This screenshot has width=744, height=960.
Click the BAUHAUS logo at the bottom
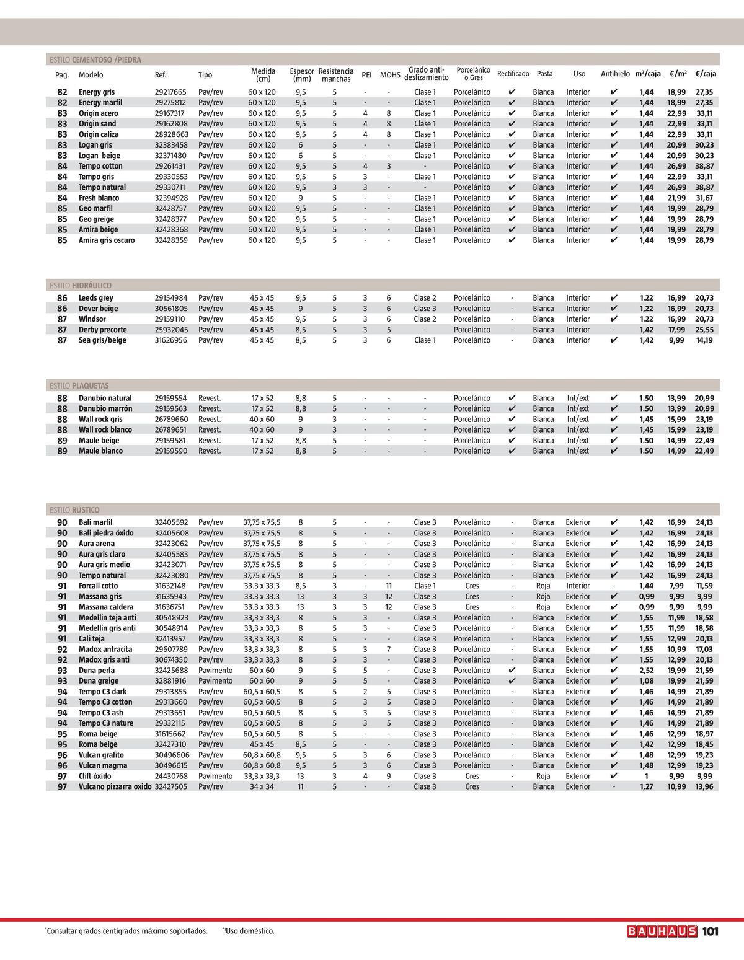[662, 931]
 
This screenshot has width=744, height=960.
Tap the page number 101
[711, 931]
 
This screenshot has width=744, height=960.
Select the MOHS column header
[389, 75]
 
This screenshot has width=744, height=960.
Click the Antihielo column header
[614, 74]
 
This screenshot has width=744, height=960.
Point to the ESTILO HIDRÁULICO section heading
[81, 286]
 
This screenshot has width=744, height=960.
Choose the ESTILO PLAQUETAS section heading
[79, 385]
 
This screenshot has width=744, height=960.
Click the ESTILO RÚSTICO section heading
[74, 510]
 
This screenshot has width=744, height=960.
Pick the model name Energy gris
[97, 92]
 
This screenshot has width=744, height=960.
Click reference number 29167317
[170, 113]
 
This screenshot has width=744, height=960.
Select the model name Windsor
[92, 319]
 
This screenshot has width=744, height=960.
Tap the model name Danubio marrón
[105, 409]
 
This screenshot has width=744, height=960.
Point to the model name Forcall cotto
[98, 586]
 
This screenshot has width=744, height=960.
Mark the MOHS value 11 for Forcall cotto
[389, 586]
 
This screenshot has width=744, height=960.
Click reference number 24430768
[170, 776]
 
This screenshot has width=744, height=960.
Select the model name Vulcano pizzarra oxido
[115, 786]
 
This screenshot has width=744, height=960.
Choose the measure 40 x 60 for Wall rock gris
[262, 420]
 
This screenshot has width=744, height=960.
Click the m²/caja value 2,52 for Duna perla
[646, 671]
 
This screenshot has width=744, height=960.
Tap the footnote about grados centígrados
[127, 931]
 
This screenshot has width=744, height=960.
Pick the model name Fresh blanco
[99, 198]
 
